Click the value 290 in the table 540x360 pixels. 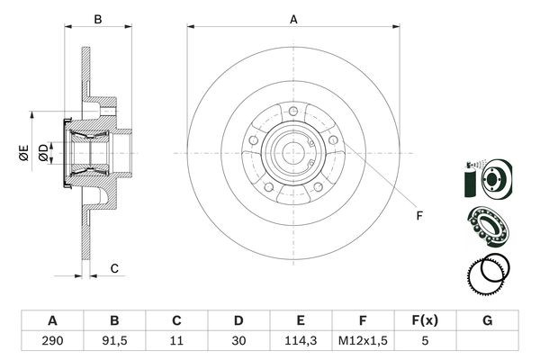pyautogui.click(x=52, y=341)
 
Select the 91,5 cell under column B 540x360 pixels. pyautogui.click(x=114, y=341)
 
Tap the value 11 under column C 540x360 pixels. pyautogui.click(x=176, y=341)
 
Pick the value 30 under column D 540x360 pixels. pyautogui.click(x=238, y=341)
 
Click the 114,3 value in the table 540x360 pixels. pyautogui.click(x=301, y=341)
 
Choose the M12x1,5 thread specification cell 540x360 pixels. pyautogui.click(x=363, y=341)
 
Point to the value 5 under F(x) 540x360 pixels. pyautogui.click(x=425, y=341)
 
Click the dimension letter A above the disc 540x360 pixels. pyautogui.click(x=293, y=18)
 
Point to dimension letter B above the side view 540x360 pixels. pyautogui.click(x=99, y=18)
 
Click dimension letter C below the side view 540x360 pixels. pyautogui.click(x=114, y=268)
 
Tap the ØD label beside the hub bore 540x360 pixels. pyautogui.click(x=42, y=154)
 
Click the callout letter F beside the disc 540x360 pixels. pyautogui.click(x=418, y=215)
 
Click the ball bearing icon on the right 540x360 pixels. pyautogui.click(x=486, y=223)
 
